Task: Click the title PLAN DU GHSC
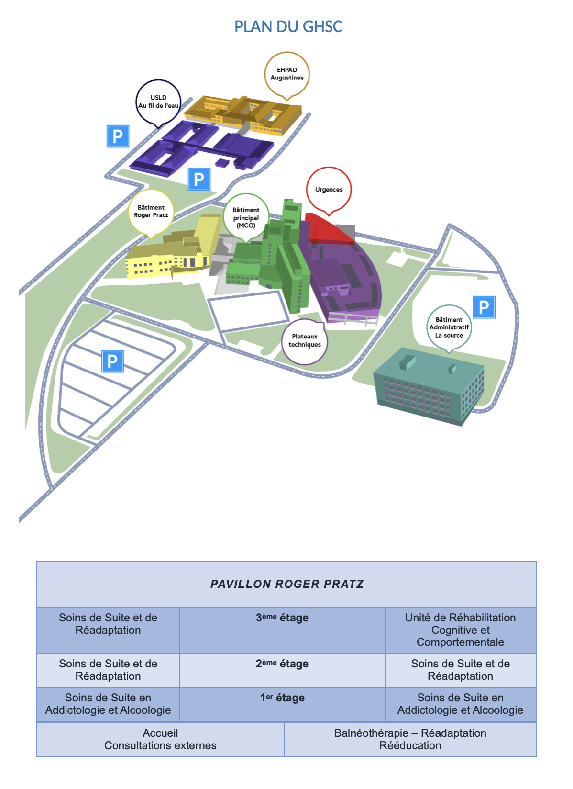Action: point(288,26)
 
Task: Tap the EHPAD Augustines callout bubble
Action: point(287,75)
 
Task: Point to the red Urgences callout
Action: point(329,190)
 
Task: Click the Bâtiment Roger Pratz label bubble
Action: point(151,212)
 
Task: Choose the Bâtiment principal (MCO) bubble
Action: point(246,217)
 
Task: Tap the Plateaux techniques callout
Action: point(305,341)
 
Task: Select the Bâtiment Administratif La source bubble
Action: point(449,327)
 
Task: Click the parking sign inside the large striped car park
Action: point(112,361)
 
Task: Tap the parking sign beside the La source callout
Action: point(484,307)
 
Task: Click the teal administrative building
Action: point(429,386)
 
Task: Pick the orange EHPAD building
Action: point(243,114)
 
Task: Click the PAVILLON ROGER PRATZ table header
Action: point(286,584)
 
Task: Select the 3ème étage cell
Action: point(282,630)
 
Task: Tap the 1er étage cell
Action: point(282,703)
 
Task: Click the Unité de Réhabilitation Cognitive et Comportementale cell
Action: point(461,630)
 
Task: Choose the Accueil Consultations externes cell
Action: point(161,739)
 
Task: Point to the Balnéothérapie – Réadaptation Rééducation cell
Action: point(410,739)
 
